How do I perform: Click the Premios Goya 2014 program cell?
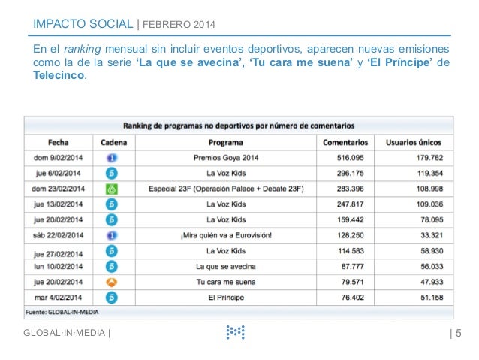226,157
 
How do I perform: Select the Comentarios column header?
345,141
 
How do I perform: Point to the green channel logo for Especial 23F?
111,188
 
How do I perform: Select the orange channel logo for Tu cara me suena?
111,282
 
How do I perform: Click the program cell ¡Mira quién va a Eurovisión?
226,235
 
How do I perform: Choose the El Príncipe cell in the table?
226,298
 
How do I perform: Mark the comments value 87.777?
355,266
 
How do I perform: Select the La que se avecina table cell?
226,266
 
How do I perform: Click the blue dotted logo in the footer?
235,331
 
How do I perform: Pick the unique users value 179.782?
423,157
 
